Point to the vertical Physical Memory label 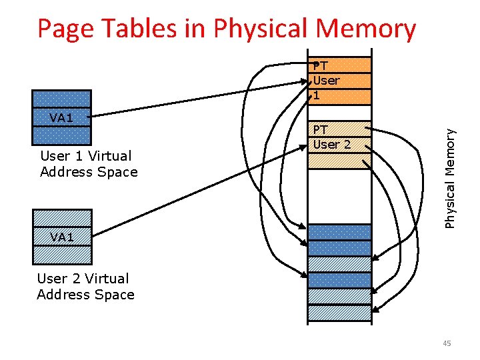[x=451, y=177]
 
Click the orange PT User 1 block [x=340, y=81]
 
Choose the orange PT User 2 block [x=340, y=137]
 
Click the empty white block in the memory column [x=339, y=196]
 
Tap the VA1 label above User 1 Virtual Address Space [x=61, y=118]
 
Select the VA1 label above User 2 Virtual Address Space [x=62, y=237]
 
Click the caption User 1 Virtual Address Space [x=89, y=164]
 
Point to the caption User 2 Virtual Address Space [x=85, y=287]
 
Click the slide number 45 [x=447, y=343]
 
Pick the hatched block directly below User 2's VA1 [x=62, y=254]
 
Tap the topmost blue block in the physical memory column [x=339, y=232]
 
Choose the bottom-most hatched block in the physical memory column [x=339, y=313]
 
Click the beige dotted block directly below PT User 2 [x=339, y=161]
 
